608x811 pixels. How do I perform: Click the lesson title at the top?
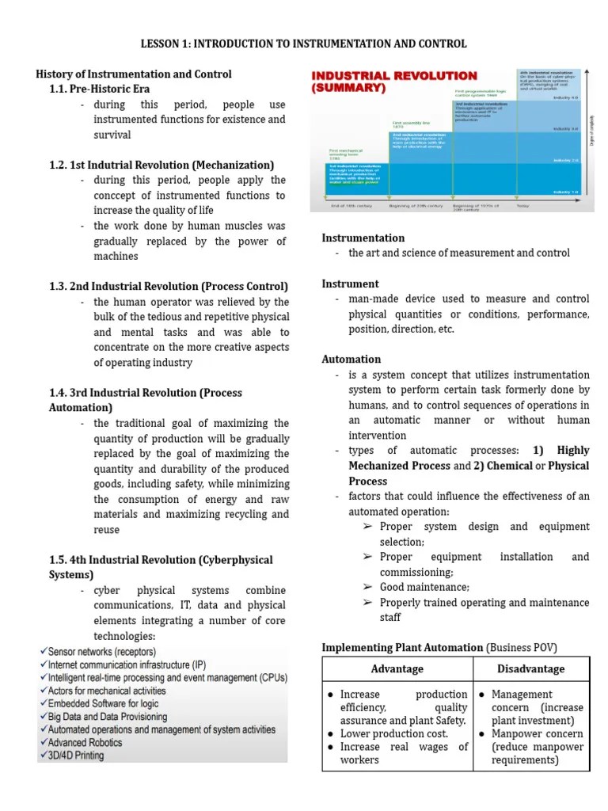tap(304, 44)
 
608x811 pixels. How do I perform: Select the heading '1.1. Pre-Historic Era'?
tap(99, 89)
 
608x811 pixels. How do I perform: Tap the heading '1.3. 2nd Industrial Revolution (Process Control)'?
tap(169, 286)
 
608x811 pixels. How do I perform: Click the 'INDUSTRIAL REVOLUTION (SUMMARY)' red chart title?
tap(394, 82)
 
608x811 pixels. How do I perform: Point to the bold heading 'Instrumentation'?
tap(363, 238)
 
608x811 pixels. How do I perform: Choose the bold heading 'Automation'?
tap(351, 359)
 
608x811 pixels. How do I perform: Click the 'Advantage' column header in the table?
tap(397, 668)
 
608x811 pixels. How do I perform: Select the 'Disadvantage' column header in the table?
tap(530, 668)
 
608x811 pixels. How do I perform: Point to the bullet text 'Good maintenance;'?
tap(424, 587)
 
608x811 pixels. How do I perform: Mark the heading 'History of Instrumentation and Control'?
tap(134, 74)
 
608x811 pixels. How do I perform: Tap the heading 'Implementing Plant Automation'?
tap(402, 648)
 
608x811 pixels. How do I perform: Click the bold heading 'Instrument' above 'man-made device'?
tap(350, 284)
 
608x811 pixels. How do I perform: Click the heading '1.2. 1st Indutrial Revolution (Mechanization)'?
tap(161, 165)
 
